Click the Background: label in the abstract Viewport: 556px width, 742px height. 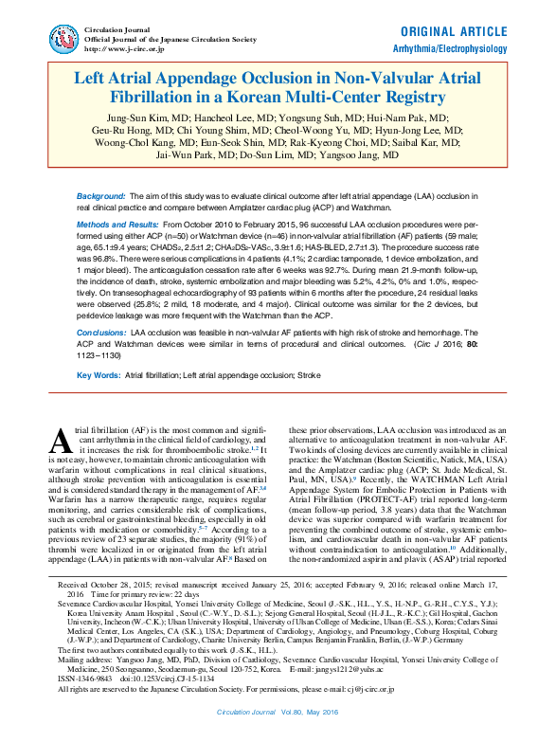[101, 193]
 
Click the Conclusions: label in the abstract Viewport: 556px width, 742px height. [101, 334]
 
